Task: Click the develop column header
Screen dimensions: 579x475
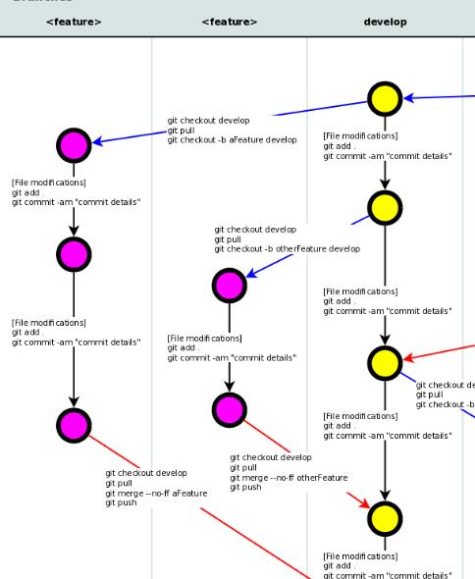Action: point(385,21)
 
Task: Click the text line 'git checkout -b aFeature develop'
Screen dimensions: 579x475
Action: point(232,140)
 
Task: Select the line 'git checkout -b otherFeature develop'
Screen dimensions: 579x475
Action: point(287,249)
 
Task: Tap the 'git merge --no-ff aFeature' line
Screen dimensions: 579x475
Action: point(156,493)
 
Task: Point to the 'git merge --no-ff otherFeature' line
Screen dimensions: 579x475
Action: point(289,477)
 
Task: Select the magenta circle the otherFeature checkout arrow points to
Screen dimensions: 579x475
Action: point(229,286)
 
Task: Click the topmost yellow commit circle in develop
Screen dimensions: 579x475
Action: point(385,97)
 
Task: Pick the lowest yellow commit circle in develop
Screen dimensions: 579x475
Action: point(385,516)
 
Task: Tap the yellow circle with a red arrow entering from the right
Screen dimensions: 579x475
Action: point(385,362)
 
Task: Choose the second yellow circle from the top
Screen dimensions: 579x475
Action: point(385,208)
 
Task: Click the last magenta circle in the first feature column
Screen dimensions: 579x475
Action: point(75,424)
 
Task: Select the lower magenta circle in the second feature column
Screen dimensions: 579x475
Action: point(229,407)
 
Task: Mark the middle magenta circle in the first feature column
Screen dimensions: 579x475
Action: point(75,254)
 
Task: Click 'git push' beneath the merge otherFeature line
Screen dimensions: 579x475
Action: point(246,487)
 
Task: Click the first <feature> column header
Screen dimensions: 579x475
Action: point(74,21)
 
